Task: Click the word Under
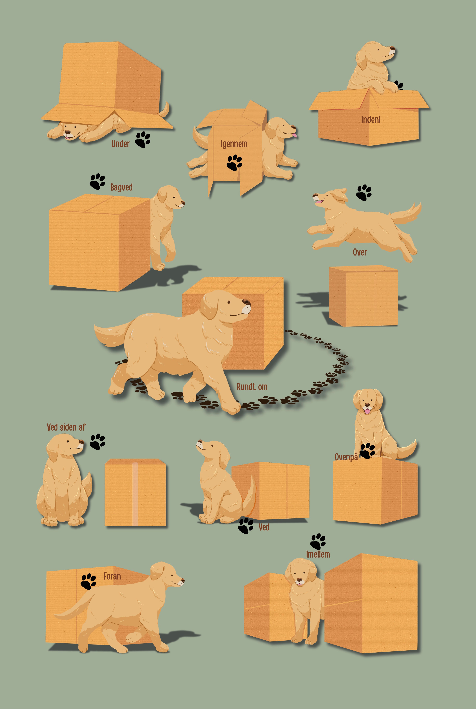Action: point(121,143)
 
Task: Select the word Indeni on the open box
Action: point(371,119)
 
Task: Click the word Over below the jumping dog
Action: point(360,252)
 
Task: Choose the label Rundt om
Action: point(252,387)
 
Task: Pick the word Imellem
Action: point(318,554)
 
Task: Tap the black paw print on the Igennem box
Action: point(234,163)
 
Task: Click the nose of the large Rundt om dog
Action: point(246,302)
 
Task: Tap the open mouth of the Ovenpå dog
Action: point(367,411)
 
